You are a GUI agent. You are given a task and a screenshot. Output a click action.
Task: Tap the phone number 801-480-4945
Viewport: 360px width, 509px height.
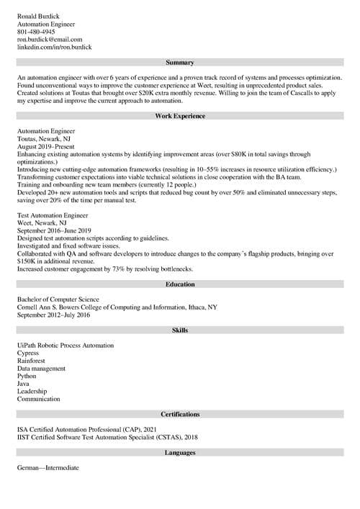36,32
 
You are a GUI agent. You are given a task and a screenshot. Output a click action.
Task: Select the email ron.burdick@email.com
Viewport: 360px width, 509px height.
50,40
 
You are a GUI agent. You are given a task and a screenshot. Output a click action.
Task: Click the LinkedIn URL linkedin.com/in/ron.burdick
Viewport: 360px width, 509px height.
54,48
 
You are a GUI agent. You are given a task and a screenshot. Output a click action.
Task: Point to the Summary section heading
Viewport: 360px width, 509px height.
180,63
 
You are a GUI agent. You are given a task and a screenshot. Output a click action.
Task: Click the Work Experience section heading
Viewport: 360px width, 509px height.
180,117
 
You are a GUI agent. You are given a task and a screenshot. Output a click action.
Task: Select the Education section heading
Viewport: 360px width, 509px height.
180,284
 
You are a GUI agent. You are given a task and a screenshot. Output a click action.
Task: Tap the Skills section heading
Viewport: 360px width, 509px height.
180,330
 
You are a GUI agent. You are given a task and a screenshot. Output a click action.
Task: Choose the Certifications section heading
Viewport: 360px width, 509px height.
180,415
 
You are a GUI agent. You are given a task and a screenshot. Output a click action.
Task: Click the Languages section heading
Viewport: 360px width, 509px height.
180,453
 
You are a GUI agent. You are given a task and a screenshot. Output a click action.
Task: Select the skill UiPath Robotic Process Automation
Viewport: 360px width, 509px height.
66,346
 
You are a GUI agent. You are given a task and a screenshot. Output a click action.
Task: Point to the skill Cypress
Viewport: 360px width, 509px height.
29,353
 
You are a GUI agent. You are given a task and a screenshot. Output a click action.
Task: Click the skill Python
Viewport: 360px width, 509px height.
27,376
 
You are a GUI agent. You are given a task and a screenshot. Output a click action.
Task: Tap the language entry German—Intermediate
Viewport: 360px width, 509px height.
48,468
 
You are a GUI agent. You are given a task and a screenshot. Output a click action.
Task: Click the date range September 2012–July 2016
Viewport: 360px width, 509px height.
54,315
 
